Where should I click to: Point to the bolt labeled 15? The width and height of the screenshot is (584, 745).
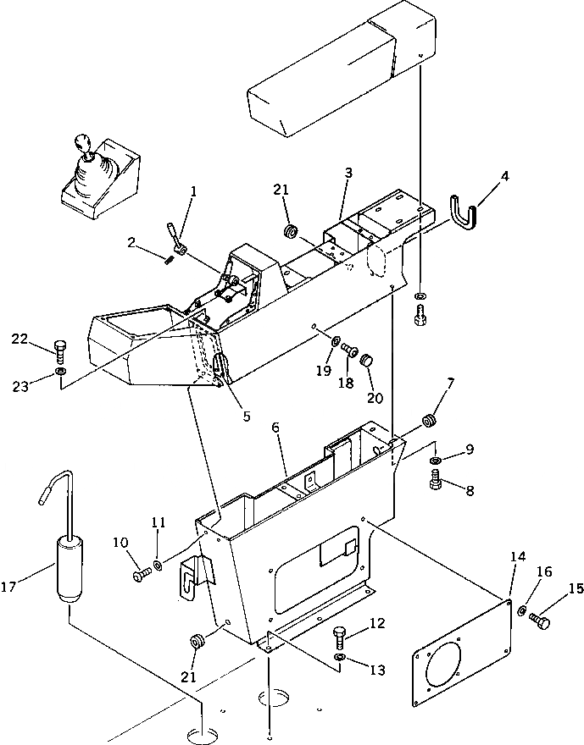(540, 622)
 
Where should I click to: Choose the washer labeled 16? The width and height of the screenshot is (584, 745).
(522, 611)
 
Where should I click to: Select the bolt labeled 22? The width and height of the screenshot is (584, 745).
(59, 348)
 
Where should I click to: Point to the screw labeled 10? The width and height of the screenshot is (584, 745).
(141, 576)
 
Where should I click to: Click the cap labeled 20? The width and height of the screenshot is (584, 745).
(368, 362)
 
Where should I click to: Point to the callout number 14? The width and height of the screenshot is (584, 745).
(518, 556)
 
